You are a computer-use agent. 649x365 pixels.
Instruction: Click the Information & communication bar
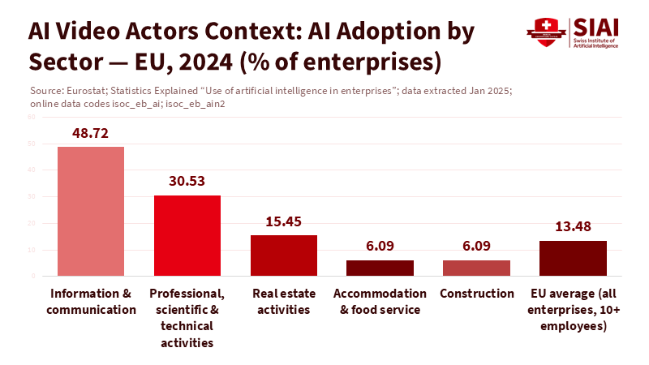pyautogui.click(x=90, y=211)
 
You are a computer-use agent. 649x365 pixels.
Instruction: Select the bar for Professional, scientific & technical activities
pyautogui.click(x=187, y=235)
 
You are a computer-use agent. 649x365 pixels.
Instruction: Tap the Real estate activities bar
pyautogui.click(x=284, y=255)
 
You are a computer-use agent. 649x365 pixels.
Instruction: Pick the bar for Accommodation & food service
pyautogui.click(x=380, y=268)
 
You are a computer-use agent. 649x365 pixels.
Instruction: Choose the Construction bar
pyautogui.click(x=476, y=268)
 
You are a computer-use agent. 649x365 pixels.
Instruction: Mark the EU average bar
pyautogui.click(x=573, y=258)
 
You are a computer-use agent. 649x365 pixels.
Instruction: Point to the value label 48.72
pyautogui.click(x=90, y=132)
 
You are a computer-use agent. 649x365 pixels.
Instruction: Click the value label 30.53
pyautogui.click(x=187, y=181)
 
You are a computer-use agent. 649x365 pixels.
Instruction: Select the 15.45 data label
pyautogui.click(x=284, y=221)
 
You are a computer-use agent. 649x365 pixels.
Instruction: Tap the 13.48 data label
pyautogui.click(x=573, y=226)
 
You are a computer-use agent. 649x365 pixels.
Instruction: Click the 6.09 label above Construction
pyautogui.click(x=476, y=246)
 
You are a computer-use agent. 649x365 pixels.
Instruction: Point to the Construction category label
pyautogui.click(x=477, y=293)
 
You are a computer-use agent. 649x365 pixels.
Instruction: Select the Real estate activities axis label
pyautogui.click(x=284, y=301)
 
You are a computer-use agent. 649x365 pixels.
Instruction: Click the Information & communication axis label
pyautogui.click(x=90, y=301)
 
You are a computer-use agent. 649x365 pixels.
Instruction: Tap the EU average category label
pyautogui.click(x=573, y=309)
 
